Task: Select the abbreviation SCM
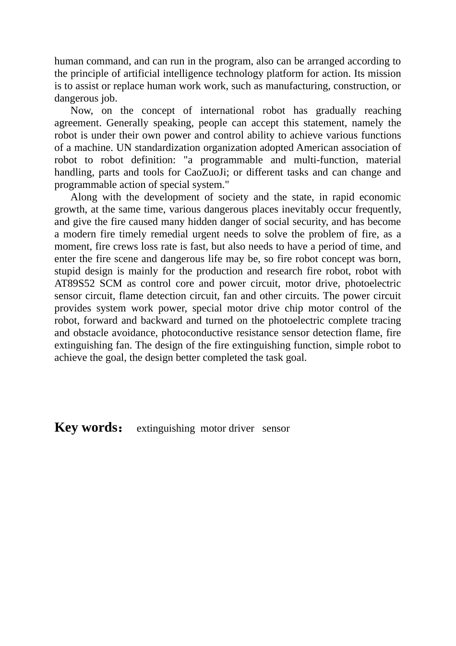click(x=111, y=284)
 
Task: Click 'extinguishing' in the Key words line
click(x=166, y=428)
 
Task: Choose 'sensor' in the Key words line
click(x=276, y=428)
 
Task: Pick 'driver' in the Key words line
click(x=241, y=428)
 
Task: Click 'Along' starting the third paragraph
click(x=84, y=197)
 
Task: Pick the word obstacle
click(x=89, y=333)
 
